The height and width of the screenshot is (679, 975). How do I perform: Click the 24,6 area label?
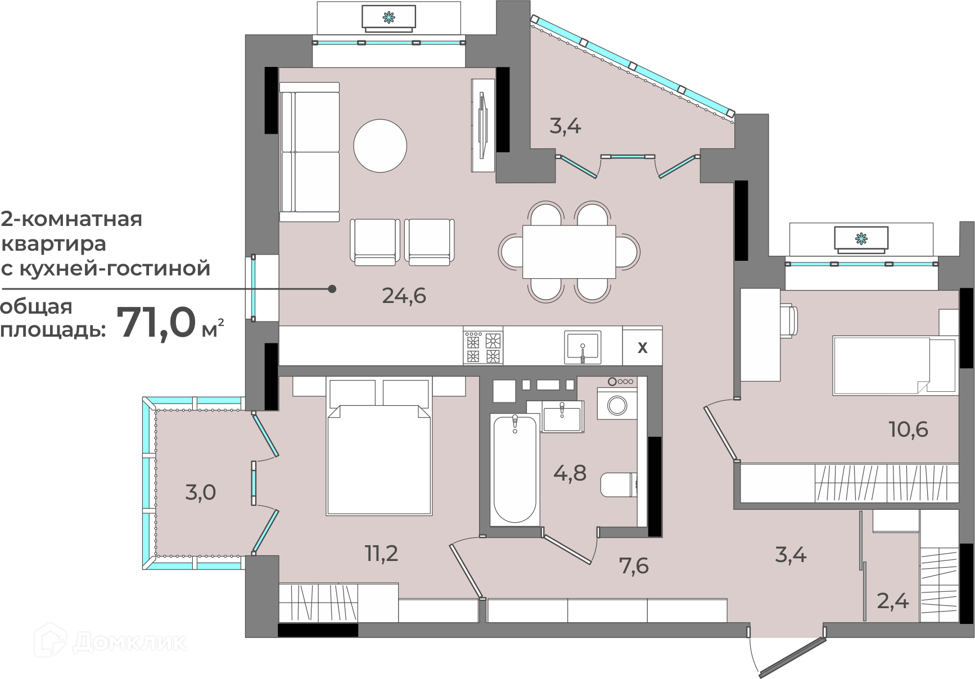(x=404, y=295)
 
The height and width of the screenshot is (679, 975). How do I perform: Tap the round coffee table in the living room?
(x=380, y=146)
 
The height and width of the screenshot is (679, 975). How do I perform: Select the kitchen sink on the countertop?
(x=583, y=347)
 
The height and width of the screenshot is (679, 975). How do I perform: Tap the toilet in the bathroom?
(x=619, y=485)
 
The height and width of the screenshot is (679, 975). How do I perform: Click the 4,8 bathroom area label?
(x=570, y=473)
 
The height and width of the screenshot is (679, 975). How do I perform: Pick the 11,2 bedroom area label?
(x=382, y=554)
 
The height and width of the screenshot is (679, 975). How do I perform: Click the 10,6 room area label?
(x=908, y=429)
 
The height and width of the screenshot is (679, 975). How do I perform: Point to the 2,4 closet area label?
(x=893, y=602)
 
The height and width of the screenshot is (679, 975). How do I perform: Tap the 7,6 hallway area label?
(x=634, y=565)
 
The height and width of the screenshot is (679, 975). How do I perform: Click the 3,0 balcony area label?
(x=200, y=492)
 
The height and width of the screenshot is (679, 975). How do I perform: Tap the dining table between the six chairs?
(x=569, y=251)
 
